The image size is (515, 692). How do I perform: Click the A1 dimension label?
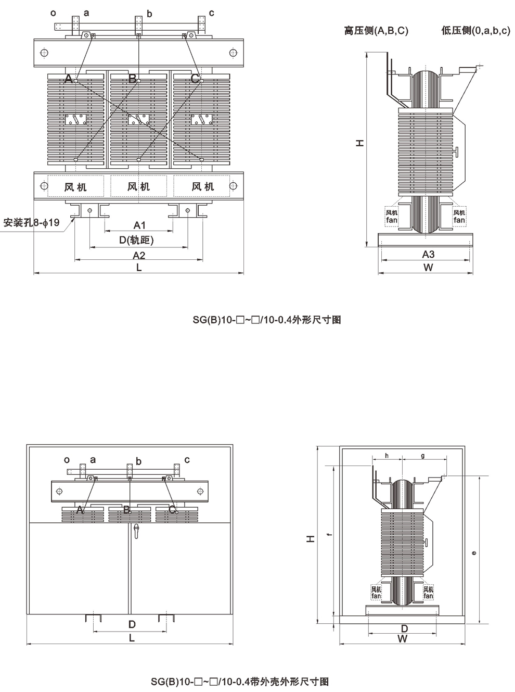139,225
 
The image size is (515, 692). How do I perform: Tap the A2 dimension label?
139,255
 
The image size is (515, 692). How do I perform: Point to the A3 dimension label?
428,254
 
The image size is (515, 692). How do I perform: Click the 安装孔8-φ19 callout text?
31,223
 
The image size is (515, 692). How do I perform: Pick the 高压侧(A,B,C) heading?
376,31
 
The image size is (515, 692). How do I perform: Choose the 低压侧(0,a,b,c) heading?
475,31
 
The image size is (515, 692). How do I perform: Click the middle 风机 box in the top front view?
138,186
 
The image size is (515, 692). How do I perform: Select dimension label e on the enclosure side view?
473,553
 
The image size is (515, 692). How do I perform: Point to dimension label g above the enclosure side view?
422,456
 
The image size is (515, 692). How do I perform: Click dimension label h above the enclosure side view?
387,456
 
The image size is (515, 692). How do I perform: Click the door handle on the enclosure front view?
136,531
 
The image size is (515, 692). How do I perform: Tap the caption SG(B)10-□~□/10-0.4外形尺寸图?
267,320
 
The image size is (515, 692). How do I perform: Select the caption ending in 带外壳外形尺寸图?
240,681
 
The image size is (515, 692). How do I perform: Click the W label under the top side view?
428,268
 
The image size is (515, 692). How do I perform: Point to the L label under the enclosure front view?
132,638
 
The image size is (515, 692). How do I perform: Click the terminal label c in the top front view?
212,13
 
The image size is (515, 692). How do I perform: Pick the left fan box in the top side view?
392,216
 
